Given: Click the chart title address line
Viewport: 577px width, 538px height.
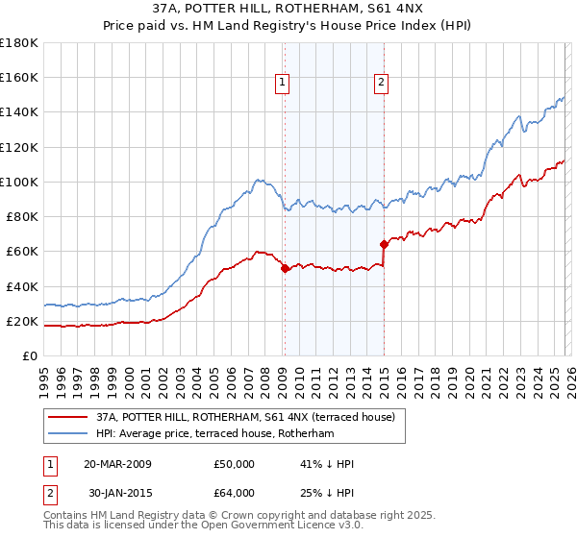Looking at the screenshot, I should coord(288,7).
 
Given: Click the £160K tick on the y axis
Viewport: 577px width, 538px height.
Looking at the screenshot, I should coord(19,77).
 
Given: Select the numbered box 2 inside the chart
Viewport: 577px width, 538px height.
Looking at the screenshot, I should coord(382,83).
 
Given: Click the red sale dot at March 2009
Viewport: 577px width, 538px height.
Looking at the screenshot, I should coord(285,269).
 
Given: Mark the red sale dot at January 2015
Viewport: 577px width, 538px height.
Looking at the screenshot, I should coord(384,244).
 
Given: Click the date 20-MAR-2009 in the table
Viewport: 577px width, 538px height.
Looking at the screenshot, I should coord(117,464).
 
